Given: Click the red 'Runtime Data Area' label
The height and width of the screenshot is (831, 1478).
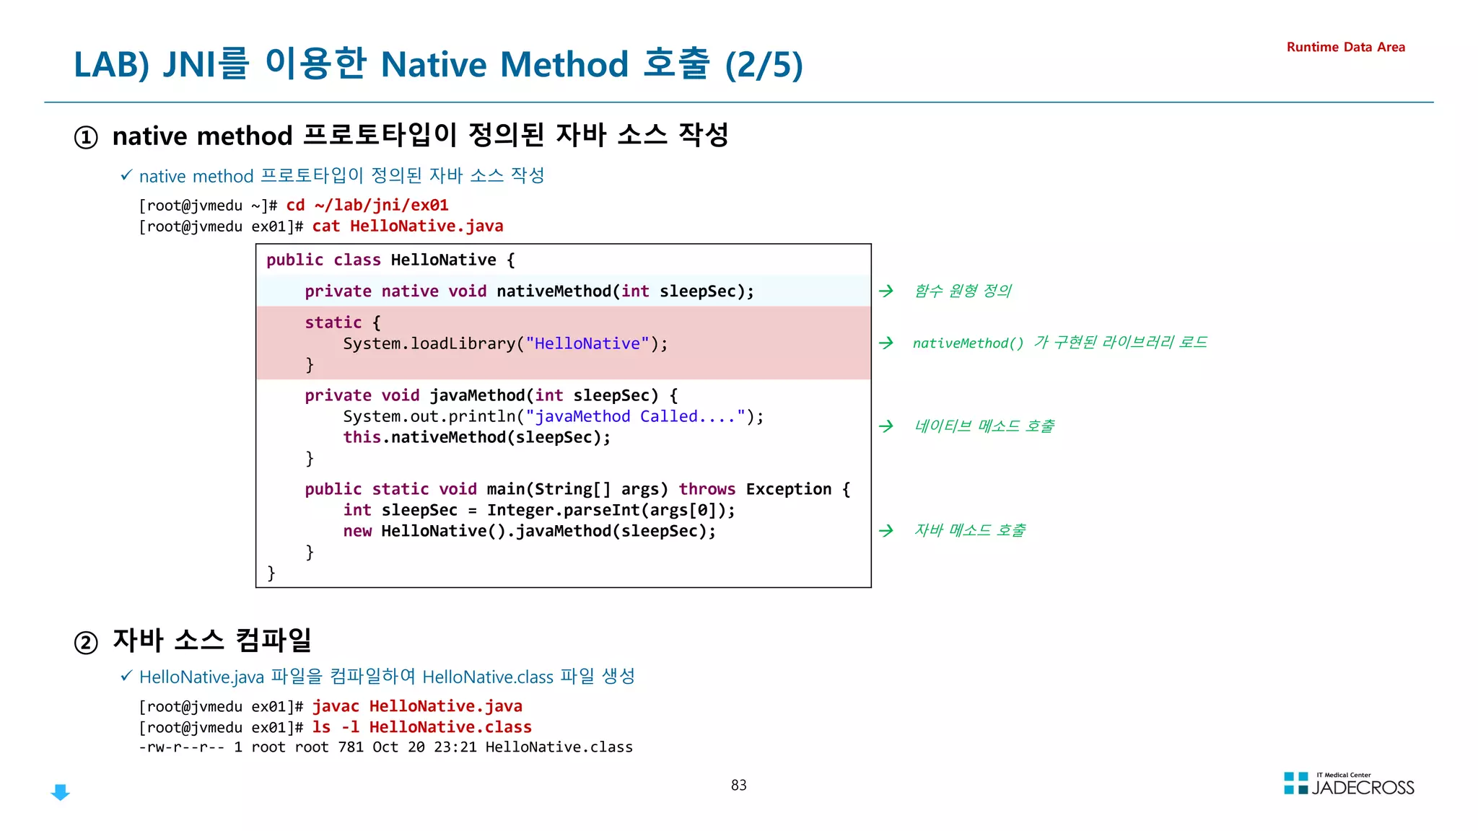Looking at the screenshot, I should (x=1345, y=47).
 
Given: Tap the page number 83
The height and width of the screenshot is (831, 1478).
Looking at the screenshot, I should (x=738, y=785).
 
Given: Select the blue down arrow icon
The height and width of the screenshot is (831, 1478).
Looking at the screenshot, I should (x=61, y=792).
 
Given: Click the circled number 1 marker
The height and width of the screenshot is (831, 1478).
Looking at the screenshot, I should (x=86, y=137).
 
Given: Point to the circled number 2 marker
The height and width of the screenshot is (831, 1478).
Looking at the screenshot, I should (x=86, y=642).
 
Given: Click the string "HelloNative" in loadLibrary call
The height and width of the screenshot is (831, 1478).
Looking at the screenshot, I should (x=587, y=343).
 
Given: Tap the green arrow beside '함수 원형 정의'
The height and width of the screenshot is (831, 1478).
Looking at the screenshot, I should (x=886, y=291).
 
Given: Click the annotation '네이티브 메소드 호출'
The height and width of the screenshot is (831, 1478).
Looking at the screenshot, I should (x=984, y=426).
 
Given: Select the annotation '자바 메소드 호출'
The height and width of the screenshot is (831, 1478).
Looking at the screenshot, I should (x=969, y=530).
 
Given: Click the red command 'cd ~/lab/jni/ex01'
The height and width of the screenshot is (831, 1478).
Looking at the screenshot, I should (x=367, y=205).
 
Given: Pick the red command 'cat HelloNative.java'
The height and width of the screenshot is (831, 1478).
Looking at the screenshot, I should (x=408, y=226).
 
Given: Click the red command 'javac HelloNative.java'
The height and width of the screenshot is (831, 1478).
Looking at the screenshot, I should (x=417, y=706).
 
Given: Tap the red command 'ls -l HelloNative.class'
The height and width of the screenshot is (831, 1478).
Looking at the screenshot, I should (x=421, y=727).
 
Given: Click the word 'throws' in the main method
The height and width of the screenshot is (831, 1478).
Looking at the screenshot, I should (x=707, y=489).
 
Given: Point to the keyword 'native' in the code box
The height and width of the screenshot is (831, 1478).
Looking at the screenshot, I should (x=410, y=291).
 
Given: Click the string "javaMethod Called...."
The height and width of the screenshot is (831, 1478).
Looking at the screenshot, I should (x=635, y=416).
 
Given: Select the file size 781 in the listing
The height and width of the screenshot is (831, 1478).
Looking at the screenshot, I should (x=351, y=747).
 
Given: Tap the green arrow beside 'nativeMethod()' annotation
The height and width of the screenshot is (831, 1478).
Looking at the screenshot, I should (x=886, y=343).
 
